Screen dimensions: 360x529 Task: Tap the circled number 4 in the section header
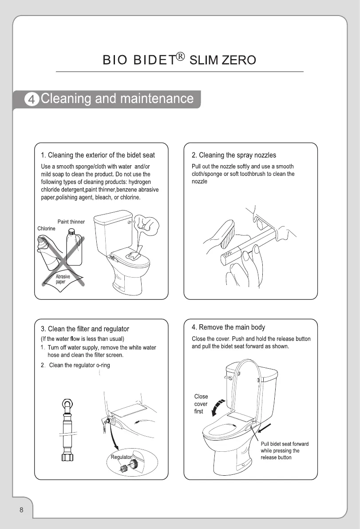point(32,99)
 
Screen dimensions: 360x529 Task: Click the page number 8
point(22,510)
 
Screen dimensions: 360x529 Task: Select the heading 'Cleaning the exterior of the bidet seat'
point(102,155)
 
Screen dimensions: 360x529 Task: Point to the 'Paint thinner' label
point(71,222)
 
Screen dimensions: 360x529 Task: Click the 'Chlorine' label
point(47,228)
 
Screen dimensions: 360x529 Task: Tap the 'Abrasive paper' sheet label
point(63,279)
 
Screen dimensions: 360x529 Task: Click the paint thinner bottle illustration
point(74,247)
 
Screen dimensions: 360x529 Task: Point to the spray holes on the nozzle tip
point(228,253)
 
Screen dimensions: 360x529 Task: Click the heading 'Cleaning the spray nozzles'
point(237,155)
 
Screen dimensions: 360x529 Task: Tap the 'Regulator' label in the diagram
point(121,457)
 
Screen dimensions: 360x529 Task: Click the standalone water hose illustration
point(67,430)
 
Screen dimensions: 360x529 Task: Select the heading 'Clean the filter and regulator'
point(88,329)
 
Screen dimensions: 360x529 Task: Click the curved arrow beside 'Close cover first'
point(217,408)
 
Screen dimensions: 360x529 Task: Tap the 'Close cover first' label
point(201,404)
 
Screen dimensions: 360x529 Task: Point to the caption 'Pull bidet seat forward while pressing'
point(285,447)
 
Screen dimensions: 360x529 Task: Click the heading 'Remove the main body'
point(232,327)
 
